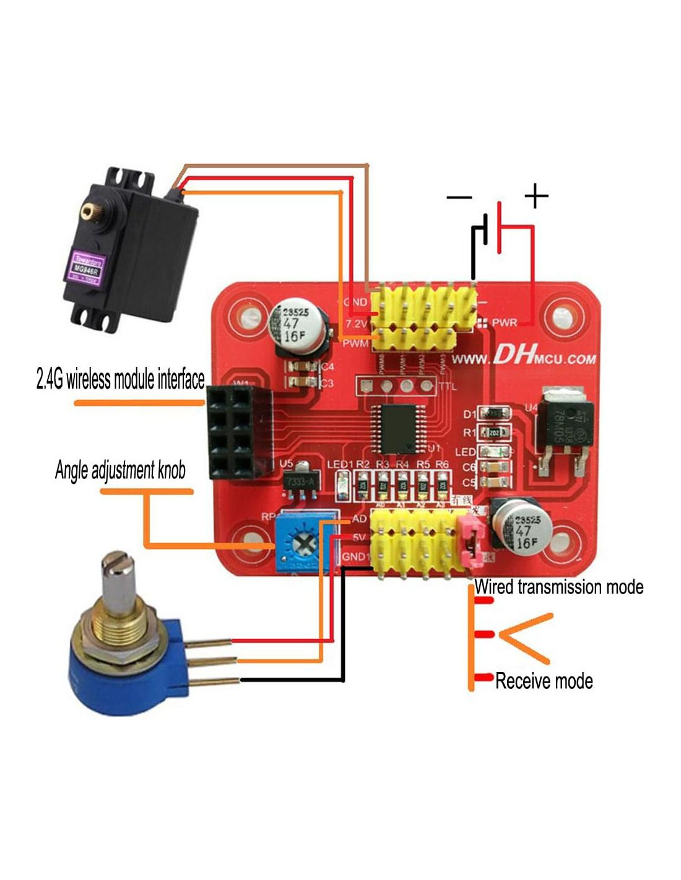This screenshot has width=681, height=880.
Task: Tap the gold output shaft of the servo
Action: (x=86, y=212)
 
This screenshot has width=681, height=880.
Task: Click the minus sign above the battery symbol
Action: (x=459, y=197)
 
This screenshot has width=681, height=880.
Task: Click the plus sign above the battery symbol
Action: (x=536, y=196)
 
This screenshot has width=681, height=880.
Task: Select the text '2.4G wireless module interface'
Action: (x=120, y=378)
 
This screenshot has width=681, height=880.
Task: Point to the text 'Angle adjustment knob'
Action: (x=120, y=470)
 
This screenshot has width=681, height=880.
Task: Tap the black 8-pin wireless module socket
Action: (x=232, y=432)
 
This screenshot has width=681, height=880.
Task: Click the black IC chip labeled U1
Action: (x=396, y=428)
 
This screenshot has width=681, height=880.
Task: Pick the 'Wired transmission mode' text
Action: (x=559, y=587)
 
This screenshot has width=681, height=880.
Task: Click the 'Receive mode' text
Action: (x=544, y=681)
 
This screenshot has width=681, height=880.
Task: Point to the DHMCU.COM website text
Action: (x=524, y=358)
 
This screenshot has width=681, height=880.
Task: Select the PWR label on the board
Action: (x=504, y=322)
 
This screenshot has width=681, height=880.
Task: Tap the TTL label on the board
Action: (x=447, y=387)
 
